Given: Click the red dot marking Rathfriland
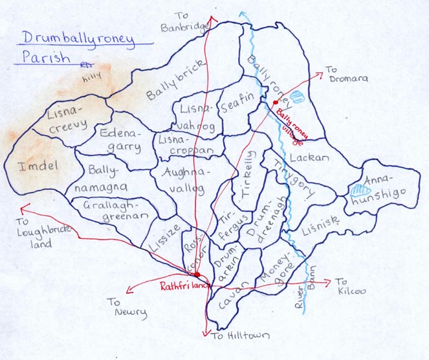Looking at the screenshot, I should click(197, 274).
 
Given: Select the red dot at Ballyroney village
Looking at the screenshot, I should click(274, 103).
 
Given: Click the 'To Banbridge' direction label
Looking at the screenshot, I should click(183, 22).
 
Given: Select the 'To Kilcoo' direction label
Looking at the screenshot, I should click(350, 286).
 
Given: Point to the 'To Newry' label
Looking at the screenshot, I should click(127, 308).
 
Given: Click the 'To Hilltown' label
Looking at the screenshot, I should click(240, 336).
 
